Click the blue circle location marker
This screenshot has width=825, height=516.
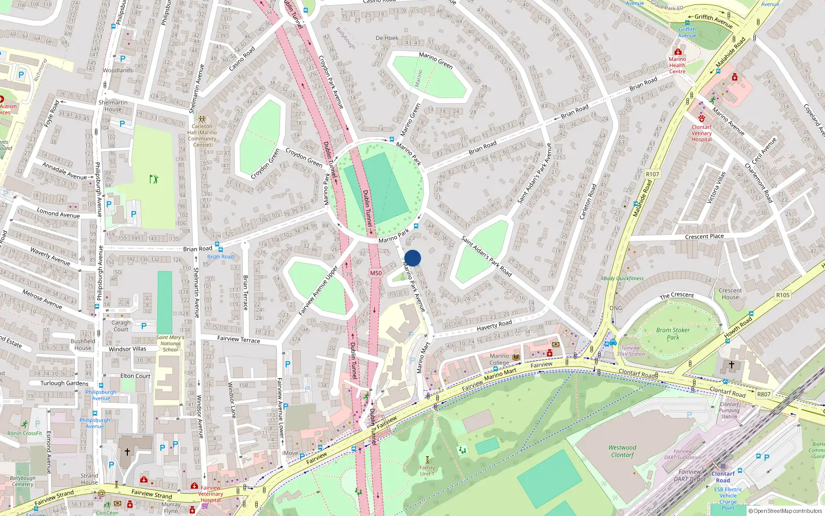click(x=412, y=258)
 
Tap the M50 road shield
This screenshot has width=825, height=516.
click(x=376, y=273)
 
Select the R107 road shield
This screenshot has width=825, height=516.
click(x=652, y=174)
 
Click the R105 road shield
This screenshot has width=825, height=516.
click(x=782, y=295)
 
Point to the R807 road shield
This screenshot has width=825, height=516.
click(x=764, y=394)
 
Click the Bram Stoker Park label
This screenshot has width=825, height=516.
click(x=673, y=333)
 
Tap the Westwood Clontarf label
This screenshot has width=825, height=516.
click(x=622, y=451)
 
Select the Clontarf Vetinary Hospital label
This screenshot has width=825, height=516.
click(x=701, y=133)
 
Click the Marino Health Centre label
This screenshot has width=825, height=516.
click(x=677, y=65)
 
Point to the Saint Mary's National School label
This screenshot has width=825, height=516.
click(x=170, y=344)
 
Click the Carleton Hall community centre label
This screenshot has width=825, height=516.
click(x=202, y=135)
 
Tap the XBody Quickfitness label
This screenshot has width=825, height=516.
click(x=622, y=279)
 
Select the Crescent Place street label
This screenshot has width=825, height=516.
click(x=704, y=236)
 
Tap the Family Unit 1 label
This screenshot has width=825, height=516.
click(x=427, y=471)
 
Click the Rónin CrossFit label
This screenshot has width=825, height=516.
click(x=25, y=433)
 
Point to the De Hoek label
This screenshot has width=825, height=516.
click(x=387, y=38)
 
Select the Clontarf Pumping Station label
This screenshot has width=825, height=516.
click(x=729, y=410)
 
